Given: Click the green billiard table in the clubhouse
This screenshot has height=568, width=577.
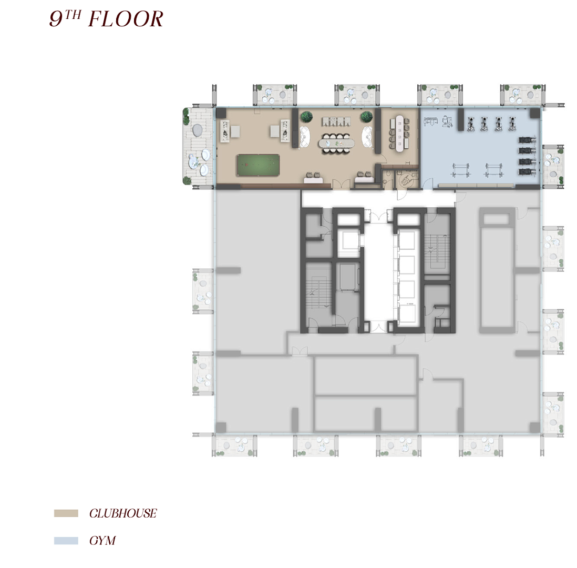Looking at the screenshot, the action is [258, 165].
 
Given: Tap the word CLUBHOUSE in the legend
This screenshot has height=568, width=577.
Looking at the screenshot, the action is [123, 513].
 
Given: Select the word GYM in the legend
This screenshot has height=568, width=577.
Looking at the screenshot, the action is [102, 540].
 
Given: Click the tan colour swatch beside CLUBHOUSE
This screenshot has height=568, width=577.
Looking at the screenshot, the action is [66, 513].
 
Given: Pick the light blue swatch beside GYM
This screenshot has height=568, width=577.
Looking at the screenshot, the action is [66, 540].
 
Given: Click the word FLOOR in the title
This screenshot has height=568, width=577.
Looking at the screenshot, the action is [126, 19].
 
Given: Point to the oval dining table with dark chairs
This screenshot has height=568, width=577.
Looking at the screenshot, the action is [336, 142].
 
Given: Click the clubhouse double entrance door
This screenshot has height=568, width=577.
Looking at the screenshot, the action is [341, 184].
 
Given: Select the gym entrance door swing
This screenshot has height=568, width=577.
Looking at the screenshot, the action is [427, 184].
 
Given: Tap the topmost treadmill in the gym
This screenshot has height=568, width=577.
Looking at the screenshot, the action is [527, 140].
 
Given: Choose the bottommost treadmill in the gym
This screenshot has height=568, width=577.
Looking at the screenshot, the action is [527, 171].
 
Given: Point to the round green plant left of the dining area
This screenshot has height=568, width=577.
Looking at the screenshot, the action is [306, 117].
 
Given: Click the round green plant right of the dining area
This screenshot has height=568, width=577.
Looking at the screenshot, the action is [366, 117].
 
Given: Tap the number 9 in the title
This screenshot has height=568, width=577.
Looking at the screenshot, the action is [56, 19].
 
